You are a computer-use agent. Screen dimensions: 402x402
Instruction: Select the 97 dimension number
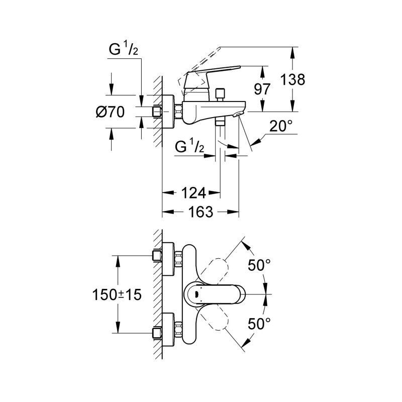[262, 88]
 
